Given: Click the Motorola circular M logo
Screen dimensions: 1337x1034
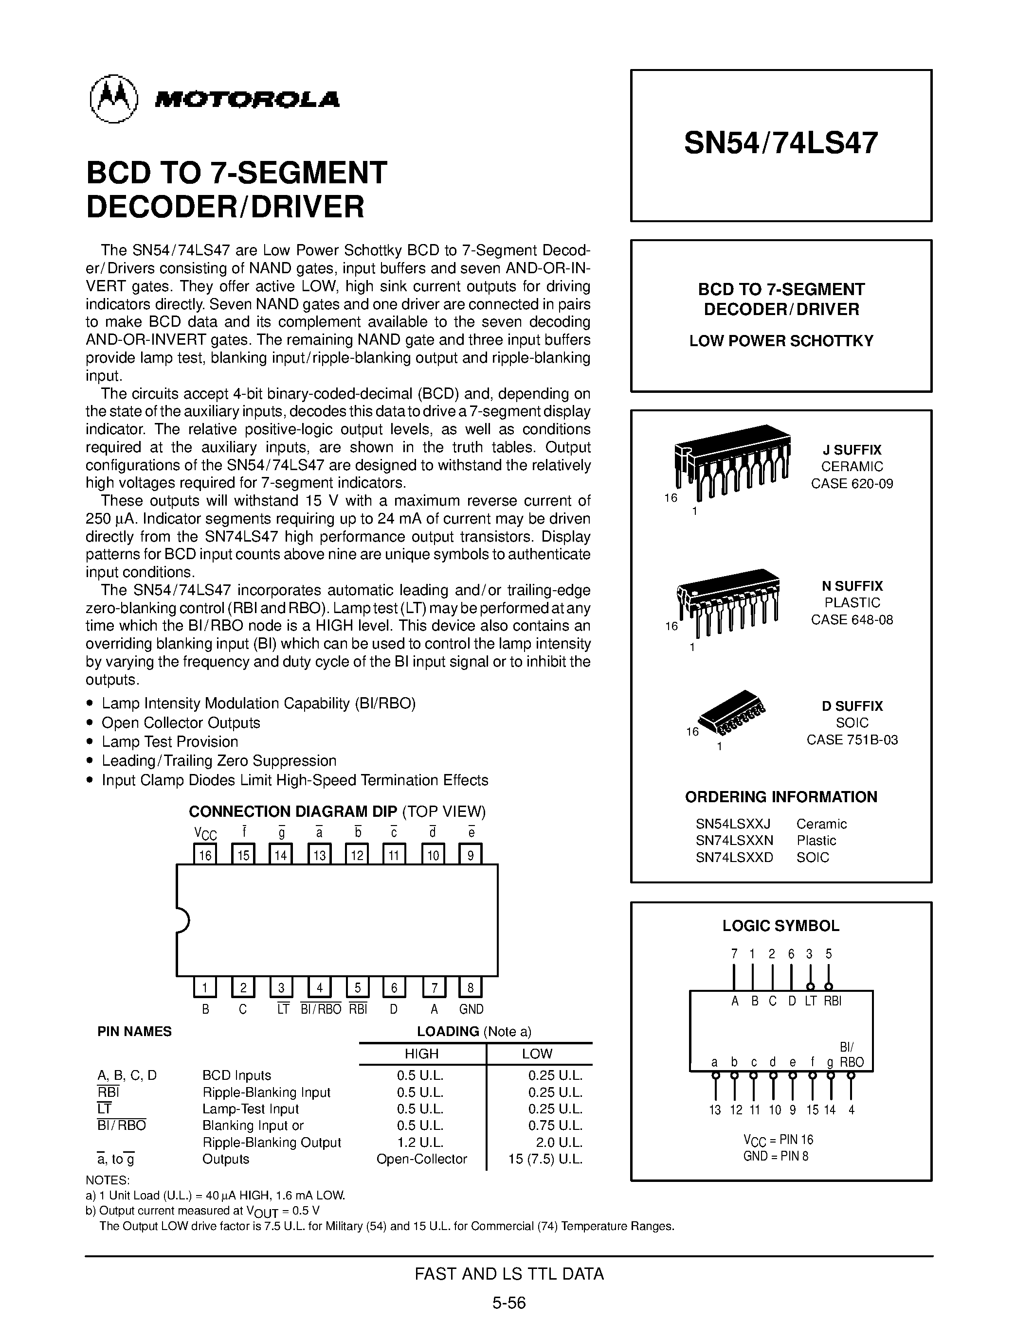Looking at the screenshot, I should point(113,99).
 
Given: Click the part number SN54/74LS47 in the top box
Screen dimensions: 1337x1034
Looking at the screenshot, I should point(781,142).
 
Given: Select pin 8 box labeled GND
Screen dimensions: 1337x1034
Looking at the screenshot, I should point(471,987).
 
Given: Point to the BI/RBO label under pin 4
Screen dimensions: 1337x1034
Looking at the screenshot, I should point(320,1009).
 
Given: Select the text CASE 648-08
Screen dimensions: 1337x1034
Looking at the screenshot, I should point(852,619).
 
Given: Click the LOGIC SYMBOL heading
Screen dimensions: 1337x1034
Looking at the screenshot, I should point(780,926).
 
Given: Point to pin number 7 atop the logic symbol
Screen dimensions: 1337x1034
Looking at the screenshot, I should point(734,954).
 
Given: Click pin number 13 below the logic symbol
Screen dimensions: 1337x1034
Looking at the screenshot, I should point(715,1110).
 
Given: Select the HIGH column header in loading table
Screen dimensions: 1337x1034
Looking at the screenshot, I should point(421,1054).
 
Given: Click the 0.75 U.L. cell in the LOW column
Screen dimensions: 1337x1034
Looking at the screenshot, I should point(555,1125).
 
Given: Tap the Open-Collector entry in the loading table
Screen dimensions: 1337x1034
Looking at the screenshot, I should point(421,1159).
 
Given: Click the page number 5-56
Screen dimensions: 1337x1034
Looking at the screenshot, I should point(509,1302).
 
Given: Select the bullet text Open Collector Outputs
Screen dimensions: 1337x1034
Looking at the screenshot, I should point(181,722).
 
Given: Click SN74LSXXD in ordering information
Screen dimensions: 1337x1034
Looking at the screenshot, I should point(734,857).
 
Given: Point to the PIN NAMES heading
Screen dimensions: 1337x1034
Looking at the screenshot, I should point(134,1032).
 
